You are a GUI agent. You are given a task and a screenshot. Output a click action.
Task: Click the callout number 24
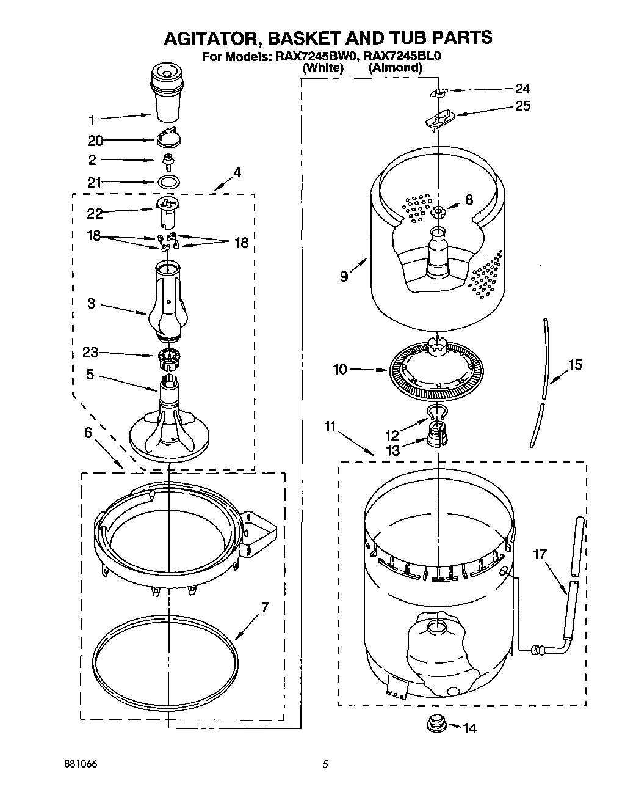(x=522, y=88)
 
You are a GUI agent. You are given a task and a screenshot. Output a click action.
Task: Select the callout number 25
(x=522, y=106)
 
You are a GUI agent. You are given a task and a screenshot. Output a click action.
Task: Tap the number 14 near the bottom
(x=469, y=728)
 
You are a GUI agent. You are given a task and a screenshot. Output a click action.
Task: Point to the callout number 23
(x=90, y=352)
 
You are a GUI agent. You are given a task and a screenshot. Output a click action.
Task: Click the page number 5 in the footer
(x=325, y=764)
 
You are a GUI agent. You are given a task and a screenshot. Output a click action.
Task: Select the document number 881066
(x=81, y=764)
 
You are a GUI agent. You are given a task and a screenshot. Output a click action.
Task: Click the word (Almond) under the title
(x=395, y=68)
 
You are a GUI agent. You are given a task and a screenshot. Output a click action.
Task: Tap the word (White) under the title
(x=323, y=68)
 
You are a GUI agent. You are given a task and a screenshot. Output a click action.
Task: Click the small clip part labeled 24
(x=438, y=93)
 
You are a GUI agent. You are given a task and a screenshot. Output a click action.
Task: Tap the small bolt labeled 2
(x=167, y=161)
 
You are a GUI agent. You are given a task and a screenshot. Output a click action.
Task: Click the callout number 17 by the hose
(x=540, y=554)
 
